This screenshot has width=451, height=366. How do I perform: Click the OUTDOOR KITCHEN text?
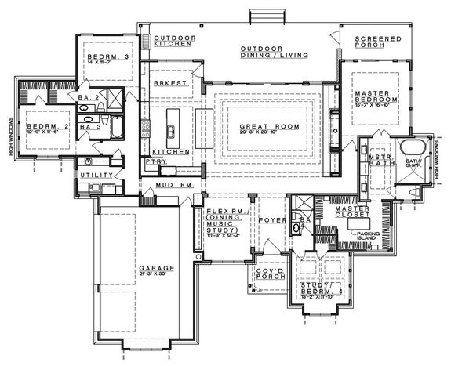(x=174, y=42)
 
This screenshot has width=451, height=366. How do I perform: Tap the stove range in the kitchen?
(x=145, y=125)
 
